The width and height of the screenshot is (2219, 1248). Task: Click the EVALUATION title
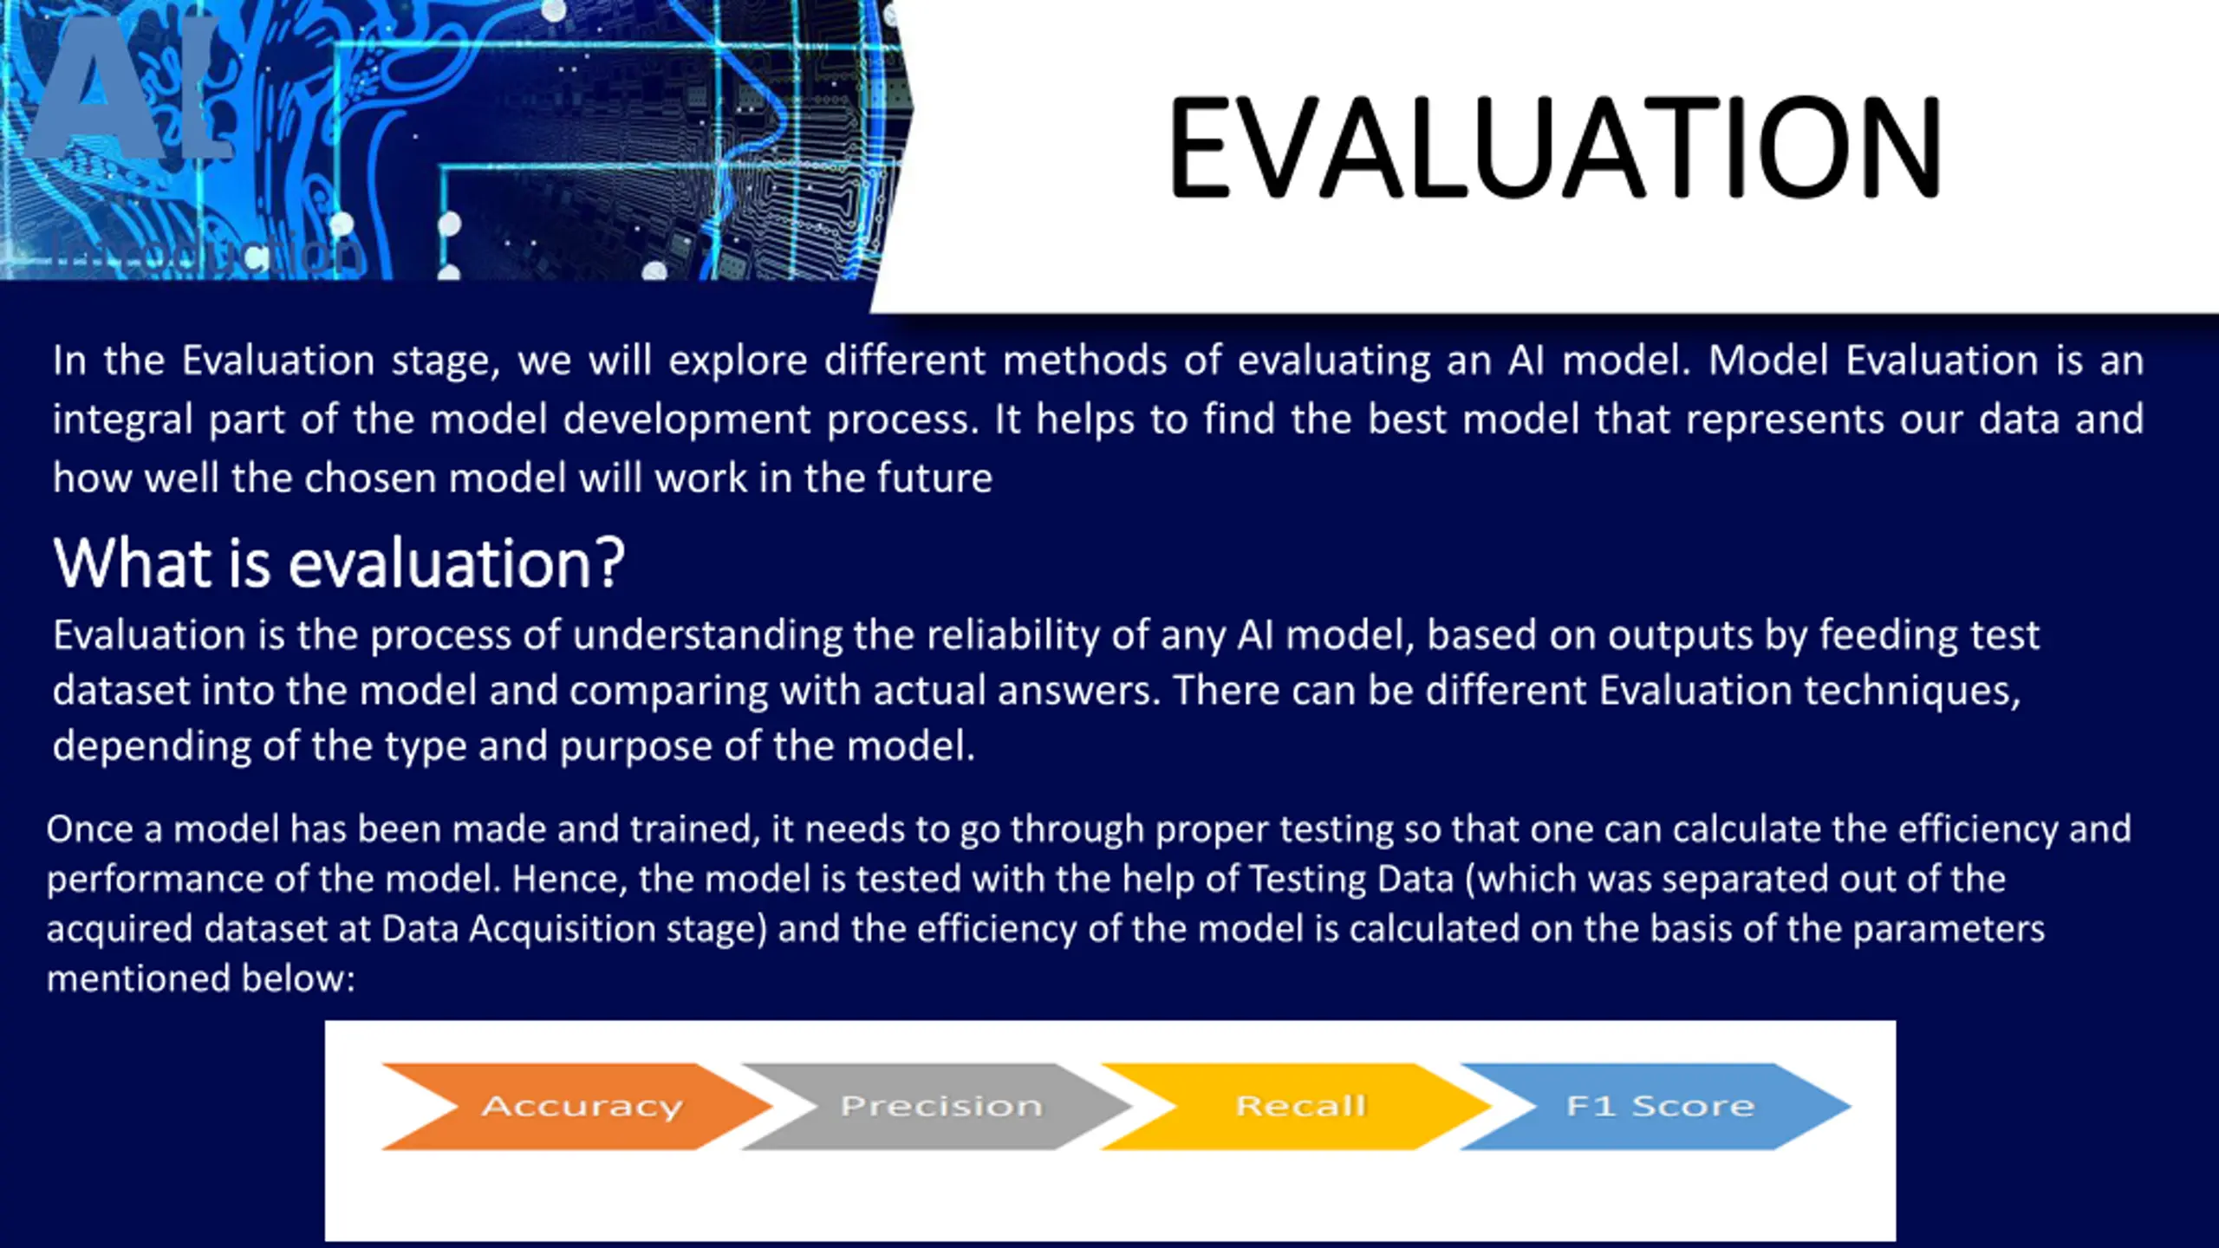coord(1554,146)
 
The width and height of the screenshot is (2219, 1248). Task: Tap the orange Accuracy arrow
coord(576,1106)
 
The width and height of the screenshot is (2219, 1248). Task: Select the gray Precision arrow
coord(937,1106)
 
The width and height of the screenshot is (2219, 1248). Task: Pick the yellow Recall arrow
coord(1297,1106)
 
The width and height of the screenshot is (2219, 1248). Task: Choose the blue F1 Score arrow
coord(1656,1106)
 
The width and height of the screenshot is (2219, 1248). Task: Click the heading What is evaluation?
coord(339,563)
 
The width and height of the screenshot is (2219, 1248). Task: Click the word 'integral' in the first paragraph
coord(122,420)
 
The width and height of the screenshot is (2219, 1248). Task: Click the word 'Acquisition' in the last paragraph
coord(563,930)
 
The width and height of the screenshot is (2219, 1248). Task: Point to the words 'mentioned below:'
coord(201,979)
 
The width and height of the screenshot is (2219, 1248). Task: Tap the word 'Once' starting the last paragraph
coord(89,829)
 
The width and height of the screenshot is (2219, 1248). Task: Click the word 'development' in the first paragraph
coord(687,420)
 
